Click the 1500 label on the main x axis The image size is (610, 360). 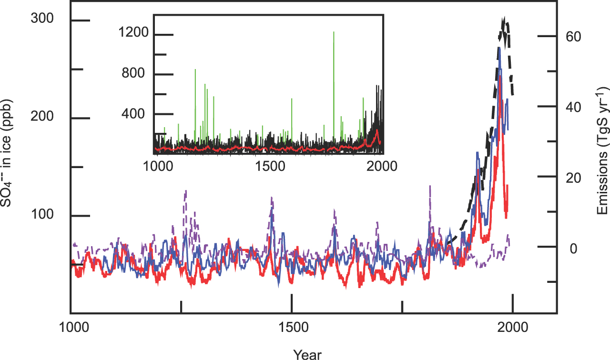pyautogui.click(x=292, y=329)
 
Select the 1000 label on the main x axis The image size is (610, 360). pyautogui.click(x=71, y=329)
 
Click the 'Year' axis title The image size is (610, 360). pyautogui.click(x=307, y=354)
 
